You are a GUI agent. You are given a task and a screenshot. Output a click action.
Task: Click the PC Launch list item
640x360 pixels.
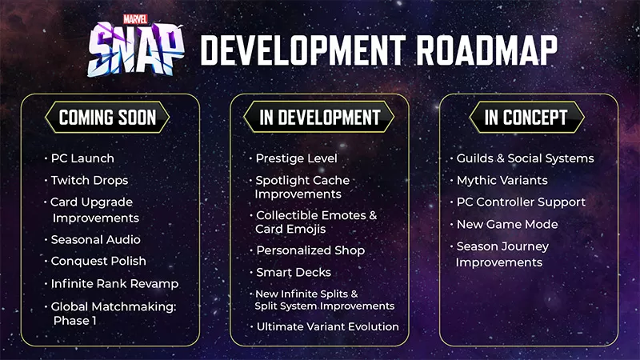[x=82, y=158]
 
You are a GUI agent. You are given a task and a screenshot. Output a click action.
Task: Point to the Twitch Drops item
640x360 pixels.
[x=89, y=181]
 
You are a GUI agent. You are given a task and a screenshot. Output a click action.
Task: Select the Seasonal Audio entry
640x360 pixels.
[x=95, y=240]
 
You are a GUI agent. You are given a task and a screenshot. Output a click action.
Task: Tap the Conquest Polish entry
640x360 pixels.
[x=98, y=262]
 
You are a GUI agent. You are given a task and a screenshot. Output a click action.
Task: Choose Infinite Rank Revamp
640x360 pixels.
[x=114, y=284]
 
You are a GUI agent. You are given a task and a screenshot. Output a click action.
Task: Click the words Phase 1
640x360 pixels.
[x=74, y=321]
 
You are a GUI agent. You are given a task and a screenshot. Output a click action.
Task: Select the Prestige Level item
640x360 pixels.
[x=296, y=158]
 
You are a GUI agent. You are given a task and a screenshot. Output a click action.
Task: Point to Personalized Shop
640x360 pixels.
[x=310, y=250]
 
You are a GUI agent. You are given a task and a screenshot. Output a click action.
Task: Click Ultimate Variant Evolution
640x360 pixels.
[x=327, y=326]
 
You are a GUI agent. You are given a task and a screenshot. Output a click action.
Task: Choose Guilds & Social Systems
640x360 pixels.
[x=525, y=158]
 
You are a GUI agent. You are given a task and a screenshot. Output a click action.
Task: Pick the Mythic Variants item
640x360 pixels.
[x=502, y=181]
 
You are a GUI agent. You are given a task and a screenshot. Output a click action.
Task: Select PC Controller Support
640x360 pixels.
[x=521, y=202]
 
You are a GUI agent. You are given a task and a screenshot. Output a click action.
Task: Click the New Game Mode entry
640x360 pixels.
[x=507, y=225]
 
